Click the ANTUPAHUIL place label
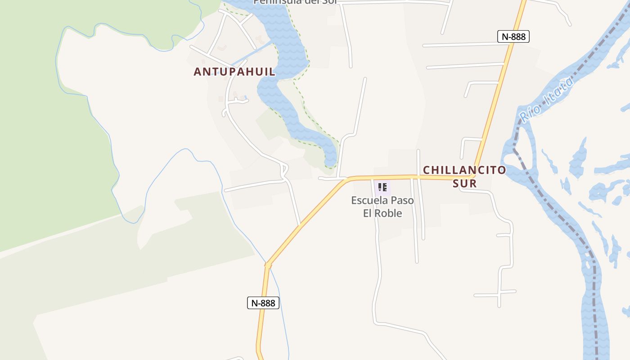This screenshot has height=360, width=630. coord(234,72)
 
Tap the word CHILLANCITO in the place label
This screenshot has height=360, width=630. coord(464,170)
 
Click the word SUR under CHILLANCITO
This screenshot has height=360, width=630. coord(464,183)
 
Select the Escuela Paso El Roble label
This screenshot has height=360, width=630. coord(382,207)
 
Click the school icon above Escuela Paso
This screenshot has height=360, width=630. coord(382,187)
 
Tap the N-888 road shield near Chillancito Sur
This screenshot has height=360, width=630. coord(513,36)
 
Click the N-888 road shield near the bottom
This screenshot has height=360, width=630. coord(263,303)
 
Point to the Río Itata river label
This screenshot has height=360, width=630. coord(547,100)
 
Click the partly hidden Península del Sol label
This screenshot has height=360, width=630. coord(295,2)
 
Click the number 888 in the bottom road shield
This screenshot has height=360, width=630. coord(268,303)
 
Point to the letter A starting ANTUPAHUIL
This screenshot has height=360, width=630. coord(197,72)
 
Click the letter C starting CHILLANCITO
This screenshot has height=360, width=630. coord(427,170)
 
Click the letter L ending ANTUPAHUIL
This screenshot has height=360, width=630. coord(272,72)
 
